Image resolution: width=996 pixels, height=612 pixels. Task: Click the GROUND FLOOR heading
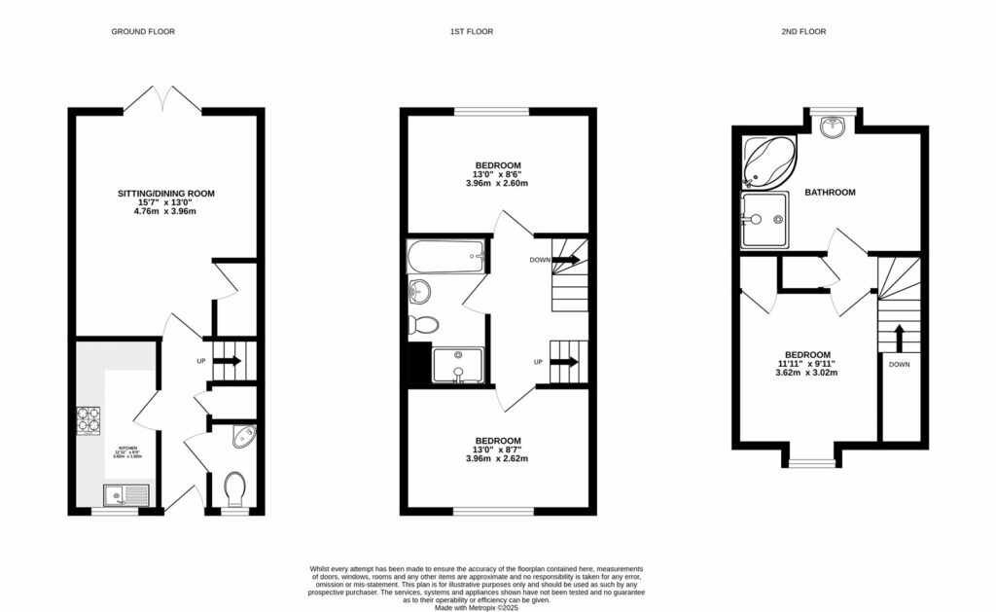click(142, 32)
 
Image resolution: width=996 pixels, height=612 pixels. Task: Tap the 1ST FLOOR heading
click(471, 32)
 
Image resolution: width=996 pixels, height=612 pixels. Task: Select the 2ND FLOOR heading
click(804, 32)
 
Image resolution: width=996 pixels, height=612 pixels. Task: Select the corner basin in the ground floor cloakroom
click(246, 437)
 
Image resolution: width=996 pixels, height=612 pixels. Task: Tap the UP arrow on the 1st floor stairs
click(565, 363)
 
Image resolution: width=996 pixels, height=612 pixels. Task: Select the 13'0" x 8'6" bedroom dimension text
click(498, 174)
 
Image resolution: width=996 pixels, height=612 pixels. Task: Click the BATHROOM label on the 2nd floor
click(830, 193)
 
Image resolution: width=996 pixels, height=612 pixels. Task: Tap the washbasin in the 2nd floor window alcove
click(833, 126)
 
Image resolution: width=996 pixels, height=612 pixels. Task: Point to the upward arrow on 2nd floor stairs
click(899, 337)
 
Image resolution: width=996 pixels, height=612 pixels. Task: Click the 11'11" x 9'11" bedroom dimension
click(808, 364)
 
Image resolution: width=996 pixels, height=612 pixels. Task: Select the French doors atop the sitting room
click(165, 98)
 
